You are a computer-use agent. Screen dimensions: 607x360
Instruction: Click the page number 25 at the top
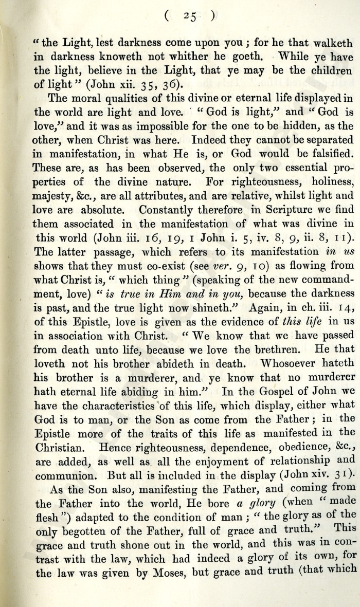(x=188, y=16)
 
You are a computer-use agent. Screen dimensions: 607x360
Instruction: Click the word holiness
(x=327, y=181)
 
